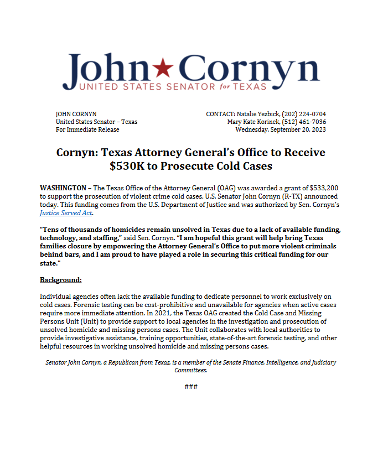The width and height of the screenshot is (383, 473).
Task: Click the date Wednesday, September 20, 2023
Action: click(281, 129)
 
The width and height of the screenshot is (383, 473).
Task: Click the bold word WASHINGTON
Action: click(63, 188)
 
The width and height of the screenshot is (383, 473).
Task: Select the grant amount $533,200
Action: click(309, 188)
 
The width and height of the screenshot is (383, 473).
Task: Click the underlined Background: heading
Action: click(61, 279)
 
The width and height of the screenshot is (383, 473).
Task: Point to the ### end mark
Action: click(191, 386)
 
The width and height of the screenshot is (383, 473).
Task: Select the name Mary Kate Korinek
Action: click(252, 122)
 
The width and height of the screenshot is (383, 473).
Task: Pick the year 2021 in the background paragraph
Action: click(163, 313)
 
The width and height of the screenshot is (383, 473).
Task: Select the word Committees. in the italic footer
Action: click(191, 370)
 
